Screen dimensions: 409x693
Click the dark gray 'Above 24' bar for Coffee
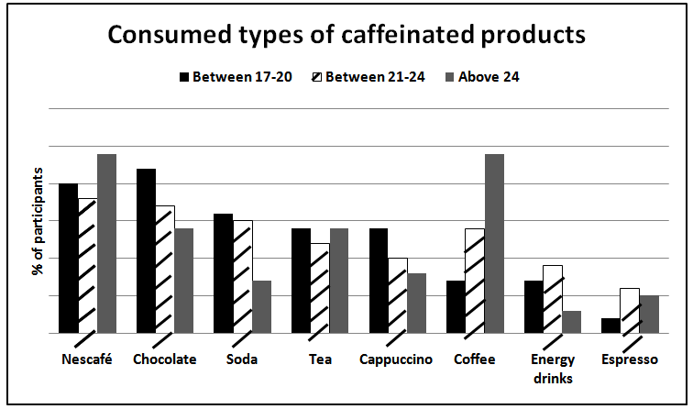[x=494, y=243]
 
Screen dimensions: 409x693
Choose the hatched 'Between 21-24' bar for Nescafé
[x=88, y=265]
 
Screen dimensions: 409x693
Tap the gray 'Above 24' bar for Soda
[x=261, y=306]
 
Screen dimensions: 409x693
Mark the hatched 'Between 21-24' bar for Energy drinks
[x=552, y=299]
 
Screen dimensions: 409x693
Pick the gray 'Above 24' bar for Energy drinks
[x=571, y=322]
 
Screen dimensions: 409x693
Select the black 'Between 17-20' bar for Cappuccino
[x=378, y=280]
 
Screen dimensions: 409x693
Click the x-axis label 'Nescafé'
[x=86, y=359]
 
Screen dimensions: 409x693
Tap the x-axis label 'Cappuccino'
[x=396, y=359]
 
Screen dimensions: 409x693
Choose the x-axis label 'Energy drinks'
[x=554, y=367]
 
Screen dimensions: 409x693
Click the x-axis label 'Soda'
[x=241, y=359]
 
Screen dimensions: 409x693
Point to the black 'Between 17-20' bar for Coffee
[x=456, y=306]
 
